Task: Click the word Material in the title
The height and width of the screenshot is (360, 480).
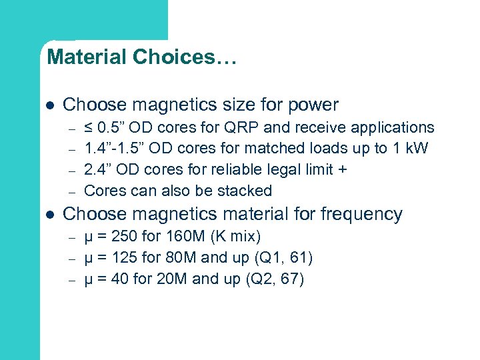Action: (x=87, y=57)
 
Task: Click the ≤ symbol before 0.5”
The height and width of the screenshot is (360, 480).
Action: (x=89, y=127)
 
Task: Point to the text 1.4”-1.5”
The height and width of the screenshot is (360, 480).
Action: (x=112, y=149)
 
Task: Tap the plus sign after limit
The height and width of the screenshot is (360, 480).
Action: (x=342, y=169)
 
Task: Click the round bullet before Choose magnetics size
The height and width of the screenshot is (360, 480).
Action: (x=50, y=106)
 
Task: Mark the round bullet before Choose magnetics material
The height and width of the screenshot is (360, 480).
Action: (x=50, y=215)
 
